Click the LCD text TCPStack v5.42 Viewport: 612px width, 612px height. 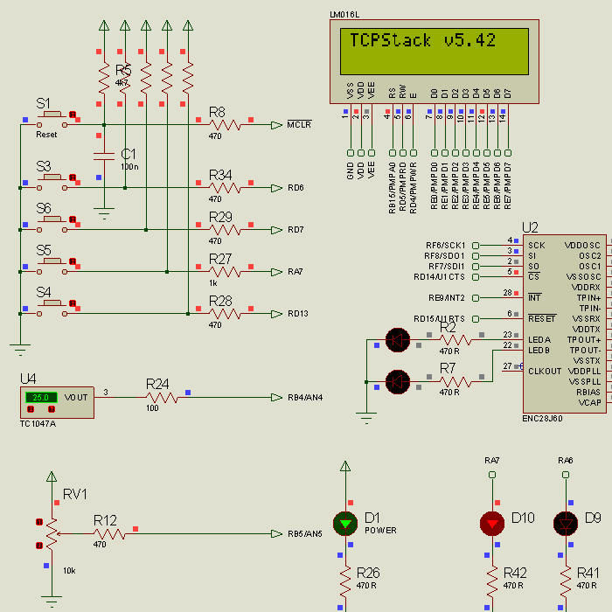(423, 40)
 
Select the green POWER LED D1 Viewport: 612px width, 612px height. (346, 523)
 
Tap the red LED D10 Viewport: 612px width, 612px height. (492, 523)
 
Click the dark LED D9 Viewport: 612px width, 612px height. (566, 523)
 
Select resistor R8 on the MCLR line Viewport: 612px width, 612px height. (226, 125)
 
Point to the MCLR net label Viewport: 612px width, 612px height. (299, 125)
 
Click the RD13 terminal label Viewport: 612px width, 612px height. (297, 314)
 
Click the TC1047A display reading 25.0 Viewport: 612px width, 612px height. (40, 397)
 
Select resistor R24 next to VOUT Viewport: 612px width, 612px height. (163, 397)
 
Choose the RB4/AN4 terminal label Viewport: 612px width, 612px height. (305, 398)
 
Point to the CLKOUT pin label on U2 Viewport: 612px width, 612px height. (546, 371)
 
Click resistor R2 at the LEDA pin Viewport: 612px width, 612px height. (454, 339)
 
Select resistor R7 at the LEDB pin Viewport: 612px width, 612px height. (454, 381)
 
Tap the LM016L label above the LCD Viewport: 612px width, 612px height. (344, 15)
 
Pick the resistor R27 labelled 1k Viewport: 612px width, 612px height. (226, 272)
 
